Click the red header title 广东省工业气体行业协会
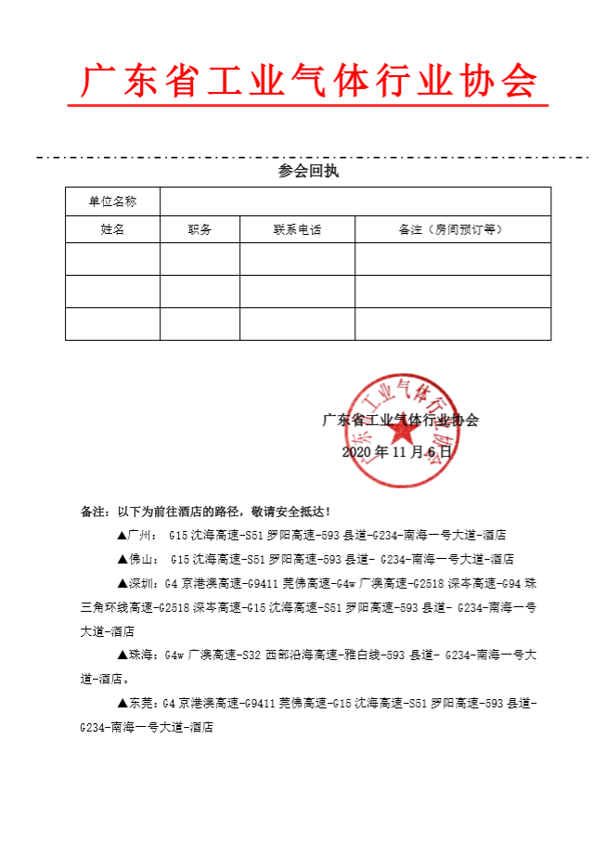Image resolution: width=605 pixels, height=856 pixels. (x=309, y=82)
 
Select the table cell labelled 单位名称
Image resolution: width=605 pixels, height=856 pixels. (x=112, y=201)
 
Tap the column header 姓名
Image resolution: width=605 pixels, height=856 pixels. (x=112, y=229)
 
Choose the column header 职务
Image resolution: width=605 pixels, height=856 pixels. (x=200, y=229)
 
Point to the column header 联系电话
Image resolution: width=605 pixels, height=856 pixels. (x=297, y=229)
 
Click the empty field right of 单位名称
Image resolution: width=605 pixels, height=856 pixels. (x=355, y=201)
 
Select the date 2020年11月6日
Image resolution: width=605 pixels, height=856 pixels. (x=396, y=452)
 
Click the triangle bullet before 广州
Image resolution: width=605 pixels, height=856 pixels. (x=122, y=535)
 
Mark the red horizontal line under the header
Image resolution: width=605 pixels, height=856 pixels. (x=309, y=105)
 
